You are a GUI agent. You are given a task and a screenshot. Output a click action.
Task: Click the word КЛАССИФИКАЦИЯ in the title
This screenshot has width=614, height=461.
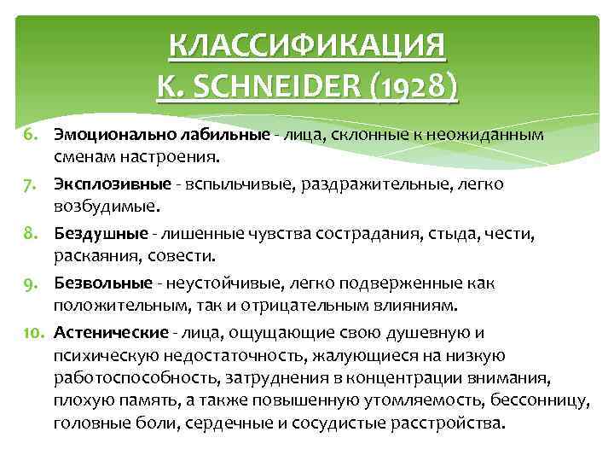point(307,47)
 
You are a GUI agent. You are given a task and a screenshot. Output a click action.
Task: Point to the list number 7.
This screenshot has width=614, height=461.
point(28,184)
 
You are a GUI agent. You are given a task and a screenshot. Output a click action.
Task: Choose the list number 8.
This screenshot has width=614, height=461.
point(28,232)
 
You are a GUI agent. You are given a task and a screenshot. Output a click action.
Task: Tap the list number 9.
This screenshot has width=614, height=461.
point(28,282)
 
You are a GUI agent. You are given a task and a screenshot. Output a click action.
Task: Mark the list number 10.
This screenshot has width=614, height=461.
point(31,331)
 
